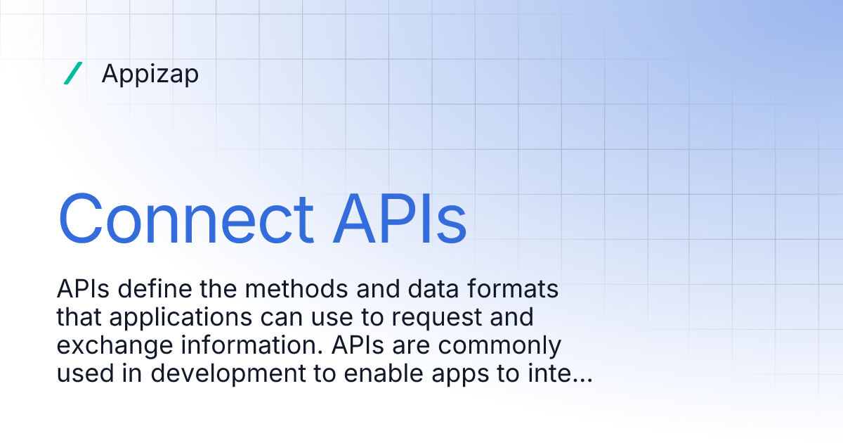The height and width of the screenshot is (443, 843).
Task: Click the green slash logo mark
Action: pos(73,73)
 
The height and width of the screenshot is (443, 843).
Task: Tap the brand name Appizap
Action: pos(150,74)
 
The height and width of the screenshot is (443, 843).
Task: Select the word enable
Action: pos(392,374)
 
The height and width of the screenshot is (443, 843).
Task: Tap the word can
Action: pos(285,318)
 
